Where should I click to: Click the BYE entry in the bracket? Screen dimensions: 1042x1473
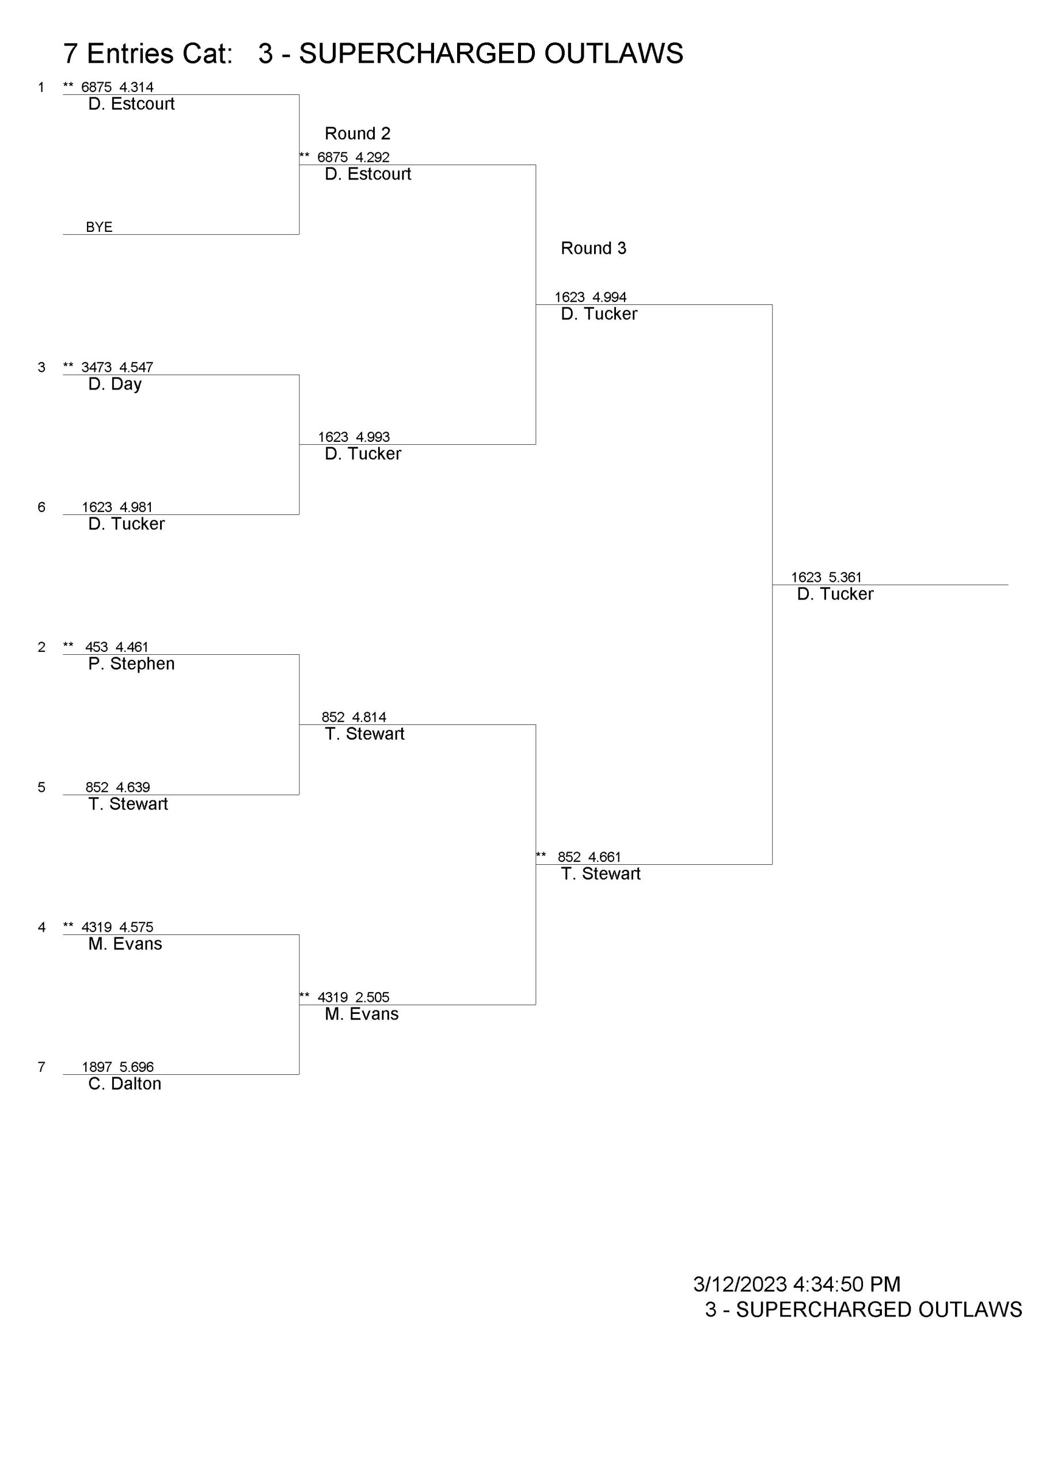click(x=99, y=227)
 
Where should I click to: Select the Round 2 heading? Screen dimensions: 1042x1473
click(x=358, y=133)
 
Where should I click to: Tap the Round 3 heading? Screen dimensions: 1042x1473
click(x=593, y=248)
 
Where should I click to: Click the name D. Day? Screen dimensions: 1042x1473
click(x=115, y=384)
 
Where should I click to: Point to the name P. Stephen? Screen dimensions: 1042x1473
click(x=132, y=664)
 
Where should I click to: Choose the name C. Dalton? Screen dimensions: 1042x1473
click(x=124, y=1083)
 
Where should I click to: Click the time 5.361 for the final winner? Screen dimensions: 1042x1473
click(x=845, y=577)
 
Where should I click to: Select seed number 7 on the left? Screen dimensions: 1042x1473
click(x=41, y=1067)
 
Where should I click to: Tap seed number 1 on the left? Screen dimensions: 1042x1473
click(x=41, y=87)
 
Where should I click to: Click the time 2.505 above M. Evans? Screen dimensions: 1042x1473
click(x=372, y=997)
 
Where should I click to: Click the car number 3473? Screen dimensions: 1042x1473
click(x=96, y=368)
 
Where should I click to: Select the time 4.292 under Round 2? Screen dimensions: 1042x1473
click(x=372, y=157)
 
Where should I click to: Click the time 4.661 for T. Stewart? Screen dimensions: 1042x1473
click(x=605, y=857)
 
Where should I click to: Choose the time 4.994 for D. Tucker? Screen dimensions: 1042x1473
click(x=609, y=297)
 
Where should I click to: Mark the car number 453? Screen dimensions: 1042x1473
click(x=97, y=647)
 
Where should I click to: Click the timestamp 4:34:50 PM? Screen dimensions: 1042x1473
click(x=847, y=1284)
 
